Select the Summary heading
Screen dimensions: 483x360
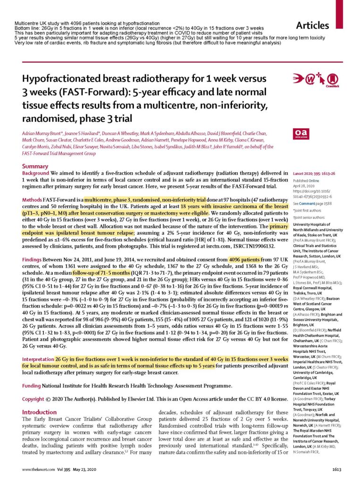[35, 166]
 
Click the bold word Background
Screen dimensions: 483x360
[36, 174]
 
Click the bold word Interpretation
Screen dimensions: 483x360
[41, 359]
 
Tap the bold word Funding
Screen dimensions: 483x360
[33, 386]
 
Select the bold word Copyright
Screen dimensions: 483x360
[37, 399]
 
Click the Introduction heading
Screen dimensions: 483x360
[40, 412]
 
